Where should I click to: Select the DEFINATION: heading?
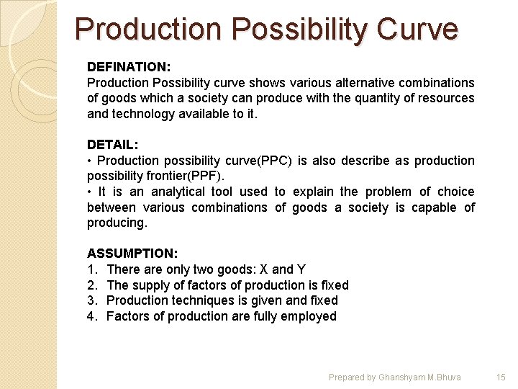[129, 67]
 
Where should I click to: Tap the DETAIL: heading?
[112, 145]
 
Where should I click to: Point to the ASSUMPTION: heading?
[132, 254]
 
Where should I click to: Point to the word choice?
[456, 192]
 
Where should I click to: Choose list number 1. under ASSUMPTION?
[91, 269]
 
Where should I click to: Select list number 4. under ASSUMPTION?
[92, 316]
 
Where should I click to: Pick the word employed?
[310, 316]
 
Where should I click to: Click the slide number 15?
[501, 377]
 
